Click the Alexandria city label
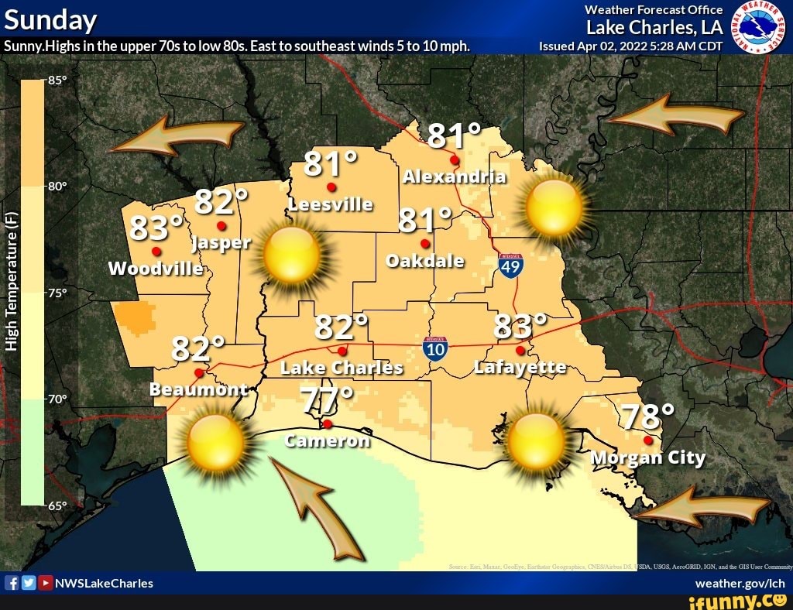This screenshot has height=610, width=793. pos(454,176)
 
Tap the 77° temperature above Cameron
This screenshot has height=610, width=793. pos(327,401)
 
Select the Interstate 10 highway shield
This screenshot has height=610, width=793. pos(436,348)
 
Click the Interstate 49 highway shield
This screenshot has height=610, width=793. pos(510,266)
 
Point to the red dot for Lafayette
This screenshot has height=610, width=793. pos(520,351)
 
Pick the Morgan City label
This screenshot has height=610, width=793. pos(647,457)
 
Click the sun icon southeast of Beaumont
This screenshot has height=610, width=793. pos(216,443)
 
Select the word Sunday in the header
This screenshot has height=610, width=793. pos(51,19)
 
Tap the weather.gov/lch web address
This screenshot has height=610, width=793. pos(740,583)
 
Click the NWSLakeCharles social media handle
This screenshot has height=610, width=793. pos(104,583)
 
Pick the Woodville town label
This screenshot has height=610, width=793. pos(156,269)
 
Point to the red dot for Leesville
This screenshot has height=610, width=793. pos(331,187)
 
